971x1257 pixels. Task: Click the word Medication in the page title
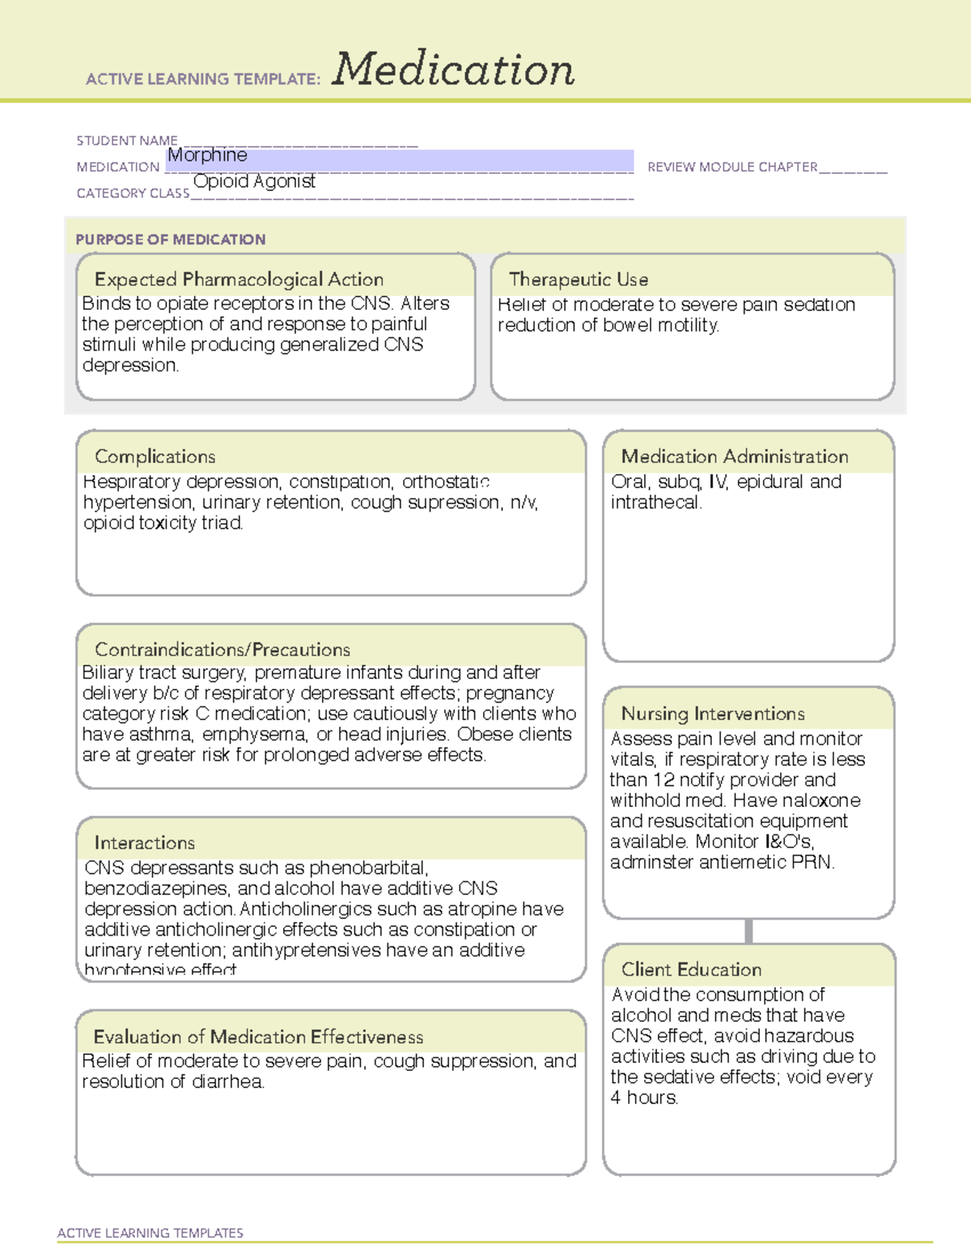click(453, 70)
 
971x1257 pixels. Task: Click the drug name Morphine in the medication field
click(207, 155)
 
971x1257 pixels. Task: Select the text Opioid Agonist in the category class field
click(254, 181)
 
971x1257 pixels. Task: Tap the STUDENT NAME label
click(127, 141)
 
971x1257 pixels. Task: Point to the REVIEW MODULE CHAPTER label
click(732, 167)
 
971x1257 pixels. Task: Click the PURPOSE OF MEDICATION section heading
click(171, 240)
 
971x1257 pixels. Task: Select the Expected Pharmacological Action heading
click(239, 279)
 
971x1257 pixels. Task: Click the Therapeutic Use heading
click(579, 279)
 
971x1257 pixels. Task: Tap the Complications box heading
click(155, 457)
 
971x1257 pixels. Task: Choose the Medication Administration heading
click(735, 457)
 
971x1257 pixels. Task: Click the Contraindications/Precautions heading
click(223, 649)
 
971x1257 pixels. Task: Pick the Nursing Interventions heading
click(713, 714)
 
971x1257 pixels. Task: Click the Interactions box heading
click(145, 843)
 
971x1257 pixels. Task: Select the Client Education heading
click(691, 970)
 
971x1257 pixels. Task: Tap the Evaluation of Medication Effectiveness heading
click(258, 1037)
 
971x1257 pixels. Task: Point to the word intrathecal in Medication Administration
click(655, 503)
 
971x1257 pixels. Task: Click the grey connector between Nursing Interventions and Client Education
click(748, 931)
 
